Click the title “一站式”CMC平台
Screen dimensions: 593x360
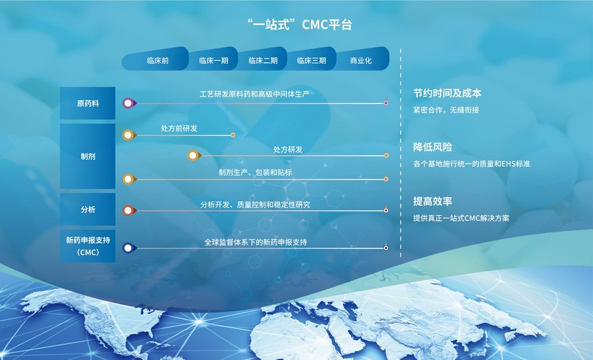point(299,25)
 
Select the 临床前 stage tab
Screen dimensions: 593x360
point(155,59)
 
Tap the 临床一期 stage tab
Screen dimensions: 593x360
point(213,59)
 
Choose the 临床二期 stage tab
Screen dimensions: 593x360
point(263,59)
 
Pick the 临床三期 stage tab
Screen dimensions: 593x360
point(311,59)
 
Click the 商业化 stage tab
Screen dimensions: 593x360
point(362,59)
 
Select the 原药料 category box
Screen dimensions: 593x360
point(88,103)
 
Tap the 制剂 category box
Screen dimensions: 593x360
point(88,156)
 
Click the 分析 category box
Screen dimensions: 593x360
point(88,210)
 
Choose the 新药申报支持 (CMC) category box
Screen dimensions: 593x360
point(88,246)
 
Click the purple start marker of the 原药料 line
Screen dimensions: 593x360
point(129,103)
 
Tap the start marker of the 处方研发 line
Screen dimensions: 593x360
point(194,155)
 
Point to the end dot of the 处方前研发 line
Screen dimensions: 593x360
point(233,135)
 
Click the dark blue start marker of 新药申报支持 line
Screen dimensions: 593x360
point(129,248)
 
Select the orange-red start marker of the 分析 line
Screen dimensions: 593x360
point(129,210)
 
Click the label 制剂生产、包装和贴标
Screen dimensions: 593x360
point(255,172)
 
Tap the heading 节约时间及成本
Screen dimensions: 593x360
point(447,93)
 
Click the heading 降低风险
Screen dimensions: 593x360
point(432,147)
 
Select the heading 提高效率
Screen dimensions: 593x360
point(432,201)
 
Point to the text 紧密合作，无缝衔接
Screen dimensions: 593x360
point(446,110)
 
